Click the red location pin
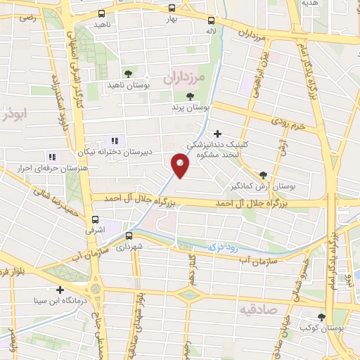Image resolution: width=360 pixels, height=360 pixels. point(181,167)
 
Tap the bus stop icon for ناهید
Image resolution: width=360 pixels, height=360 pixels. point(102,13)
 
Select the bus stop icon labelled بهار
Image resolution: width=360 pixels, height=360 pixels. point(173,8)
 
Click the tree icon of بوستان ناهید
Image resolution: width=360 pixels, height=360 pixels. point(127,73)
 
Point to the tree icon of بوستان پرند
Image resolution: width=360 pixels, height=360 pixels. point(189,97)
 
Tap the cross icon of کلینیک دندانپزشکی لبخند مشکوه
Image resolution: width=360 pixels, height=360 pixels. point(217,133)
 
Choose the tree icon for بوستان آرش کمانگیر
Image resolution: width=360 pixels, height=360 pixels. point(263,176)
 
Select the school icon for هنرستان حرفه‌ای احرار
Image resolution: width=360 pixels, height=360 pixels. point(51,156)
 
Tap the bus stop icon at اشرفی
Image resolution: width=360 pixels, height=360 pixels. point(95,219)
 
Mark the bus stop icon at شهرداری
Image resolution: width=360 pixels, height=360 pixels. point(129,236)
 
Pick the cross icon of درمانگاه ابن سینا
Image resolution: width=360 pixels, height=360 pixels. point(60,290)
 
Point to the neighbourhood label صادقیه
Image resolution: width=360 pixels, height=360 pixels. point(277,309)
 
